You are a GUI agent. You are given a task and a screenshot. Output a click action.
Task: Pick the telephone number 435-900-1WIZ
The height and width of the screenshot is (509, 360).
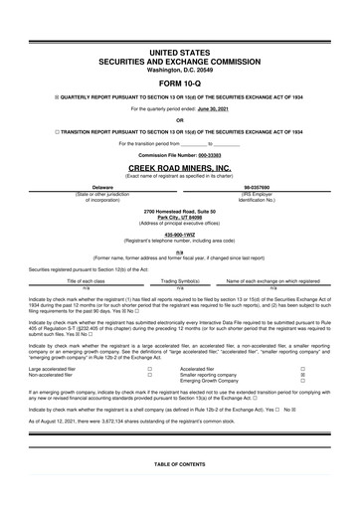point(179,235)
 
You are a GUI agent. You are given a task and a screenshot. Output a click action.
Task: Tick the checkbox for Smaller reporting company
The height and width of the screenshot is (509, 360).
point(316,375)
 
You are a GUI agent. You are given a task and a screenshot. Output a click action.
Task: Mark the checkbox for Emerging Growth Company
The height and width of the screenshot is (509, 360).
point(316,382)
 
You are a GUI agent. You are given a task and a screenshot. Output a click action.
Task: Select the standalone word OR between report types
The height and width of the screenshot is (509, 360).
point(179,121)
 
